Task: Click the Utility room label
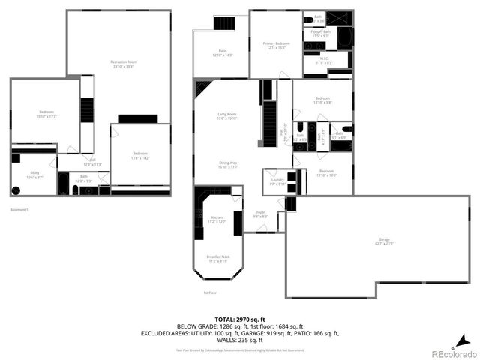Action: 34,175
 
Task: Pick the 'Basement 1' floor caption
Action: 19,209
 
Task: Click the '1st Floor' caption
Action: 209,292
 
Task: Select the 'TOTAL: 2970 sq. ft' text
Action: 240,319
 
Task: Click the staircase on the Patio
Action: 223,23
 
